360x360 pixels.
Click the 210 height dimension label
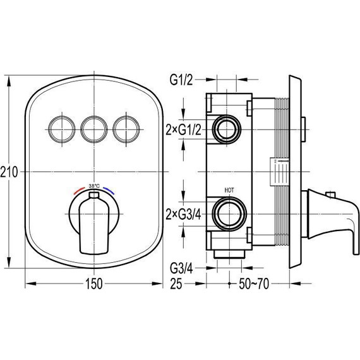tap(9, 172)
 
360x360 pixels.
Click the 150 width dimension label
tap(94, 284)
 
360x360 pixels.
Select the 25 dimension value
tap(176, 284)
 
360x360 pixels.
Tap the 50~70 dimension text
tap(254, 284)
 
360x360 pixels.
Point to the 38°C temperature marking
tap(94, 186)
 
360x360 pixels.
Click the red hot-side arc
tap(80, 191)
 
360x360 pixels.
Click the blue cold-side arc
tap(109, 191)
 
